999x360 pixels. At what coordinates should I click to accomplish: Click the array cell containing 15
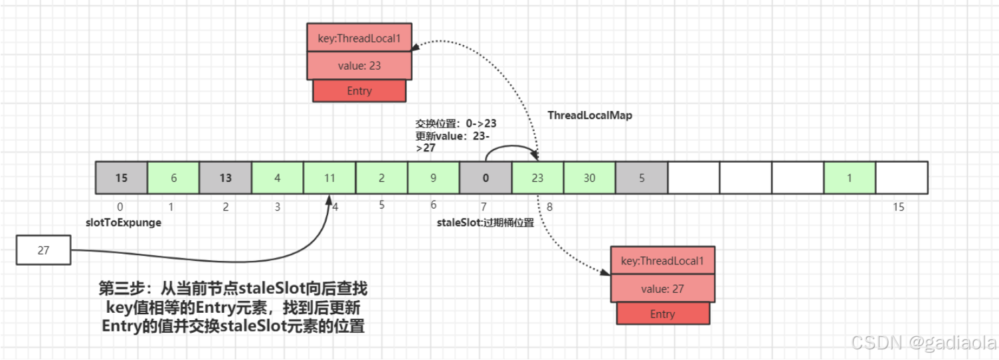click(x=121, y=178)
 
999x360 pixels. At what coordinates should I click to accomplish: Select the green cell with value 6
click(x=173, y=178)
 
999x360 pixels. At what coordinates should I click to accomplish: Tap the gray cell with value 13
click(x=225, y=178)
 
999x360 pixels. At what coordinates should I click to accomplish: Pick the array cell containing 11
click(x=329, y=178)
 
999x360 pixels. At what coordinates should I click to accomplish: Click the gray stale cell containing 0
click(x=486, y=178)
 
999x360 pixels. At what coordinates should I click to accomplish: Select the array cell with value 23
click(x=537, y=178)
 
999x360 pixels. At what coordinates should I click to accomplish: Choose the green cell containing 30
click(x=589, y=178)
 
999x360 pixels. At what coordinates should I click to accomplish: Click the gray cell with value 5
click(x=641, y=178)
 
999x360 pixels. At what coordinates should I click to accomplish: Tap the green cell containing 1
click(x=850, y=178)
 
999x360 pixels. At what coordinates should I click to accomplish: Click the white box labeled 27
click(x=43, y=251)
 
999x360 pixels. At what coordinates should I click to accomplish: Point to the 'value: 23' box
click(x=359, y=66)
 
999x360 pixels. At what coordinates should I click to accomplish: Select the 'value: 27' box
click(x=662, y=289)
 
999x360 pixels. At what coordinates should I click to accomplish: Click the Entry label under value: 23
click(x=359, y=91)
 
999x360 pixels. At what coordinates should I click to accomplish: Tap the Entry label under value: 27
click(x=662, y=314)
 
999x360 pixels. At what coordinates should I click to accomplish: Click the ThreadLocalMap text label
click(x=590, y=116)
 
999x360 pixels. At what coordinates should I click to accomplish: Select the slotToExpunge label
click(x=124, y=223)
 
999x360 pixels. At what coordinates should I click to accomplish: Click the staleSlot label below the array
click(x=485, y=223)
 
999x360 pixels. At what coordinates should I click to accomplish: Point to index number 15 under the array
click(x=898, y=207)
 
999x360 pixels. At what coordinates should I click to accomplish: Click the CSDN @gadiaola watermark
click(x=923, y=343)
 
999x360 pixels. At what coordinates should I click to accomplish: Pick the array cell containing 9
click(x=433, y=178)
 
